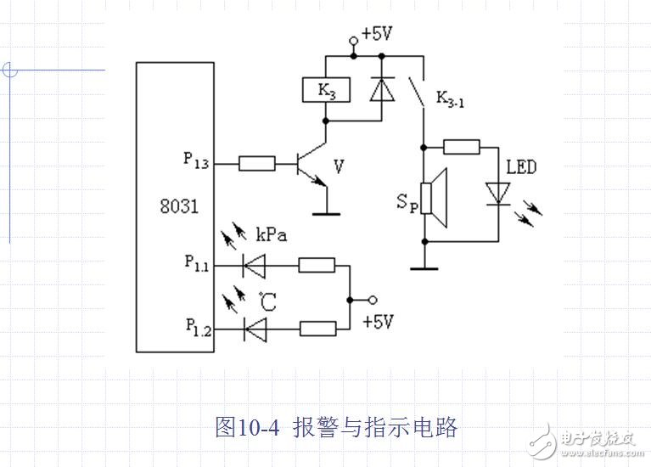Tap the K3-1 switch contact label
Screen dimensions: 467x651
[x=451, y=97]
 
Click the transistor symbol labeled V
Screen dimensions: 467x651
[x=307, y=165]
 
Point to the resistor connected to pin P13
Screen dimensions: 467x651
[x=256, y=162]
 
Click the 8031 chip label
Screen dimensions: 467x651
[x=179, y=205]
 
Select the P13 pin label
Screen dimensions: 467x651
[x=196, y=159]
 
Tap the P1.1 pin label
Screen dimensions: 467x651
[x=196, y=263]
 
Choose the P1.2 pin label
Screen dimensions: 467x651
[x=196, y=325]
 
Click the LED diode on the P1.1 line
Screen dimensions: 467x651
[x=254, y=267]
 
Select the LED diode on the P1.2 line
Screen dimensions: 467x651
[x=254, y=326]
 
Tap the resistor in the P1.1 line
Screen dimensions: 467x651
[x=317, y=267]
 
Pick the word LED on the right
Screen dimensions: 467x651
[x=520, y=167]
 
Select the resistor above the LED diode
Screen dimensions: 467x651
[x=462, y=147]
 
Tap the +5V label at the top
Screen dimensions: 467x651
[x=377, y=35]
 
